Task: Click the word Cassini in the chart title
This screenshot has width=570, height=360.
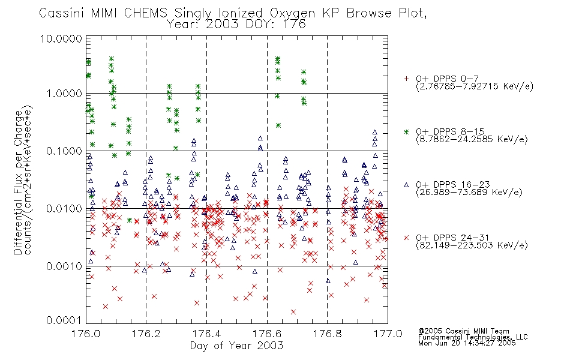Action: pos(61,13)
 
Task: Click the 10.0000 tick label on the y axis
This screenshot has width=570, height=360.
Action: pos(61,38)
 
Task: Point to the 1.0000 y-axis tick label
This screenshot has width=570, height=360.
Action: pos(64,94)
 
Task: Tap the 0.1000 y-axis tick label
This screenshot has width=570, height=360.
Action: pos(64,151)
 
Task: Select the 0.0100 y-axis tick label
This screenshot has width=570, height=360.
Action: pos(64,209)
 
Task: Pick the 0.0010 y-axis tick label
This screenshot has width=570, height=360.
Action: pos(64,266)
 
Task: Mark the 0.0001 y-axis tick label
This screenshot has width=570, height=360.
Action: pos(64,320)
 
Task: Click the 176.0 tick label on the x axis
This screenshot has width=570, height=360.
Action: pos(86,334)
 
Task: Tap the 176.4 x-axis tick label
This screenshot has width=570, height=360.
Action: pos(206,334)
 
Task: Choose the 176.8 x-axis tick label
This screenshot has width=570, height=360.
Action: pos(327,334)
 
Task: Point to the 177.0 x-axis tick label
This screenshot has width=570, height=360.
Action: pos(388,334)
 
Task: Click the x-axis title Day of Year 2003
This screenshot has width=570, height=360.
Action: pos(236,346)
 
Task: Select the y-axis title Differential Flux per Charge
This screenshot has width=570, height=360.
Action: pos(18,182)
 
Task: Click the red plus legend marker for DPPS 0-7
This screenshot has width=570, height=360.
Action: pos(406,79)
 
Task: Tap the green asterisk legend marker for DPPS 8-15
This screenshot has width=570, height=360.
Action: pos(406,131)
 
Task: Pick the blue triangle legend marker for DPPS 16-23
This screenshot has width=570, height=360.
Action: pos(406,185)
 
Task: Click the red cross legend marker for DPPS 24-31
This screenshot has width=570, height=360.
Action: pos(406,238)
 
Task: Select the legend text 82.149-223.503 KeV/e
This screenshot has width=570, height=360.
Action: pos(472,245)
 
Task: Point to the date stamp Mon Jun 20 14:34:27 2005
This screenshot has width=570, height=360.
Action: pos(467,343)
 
